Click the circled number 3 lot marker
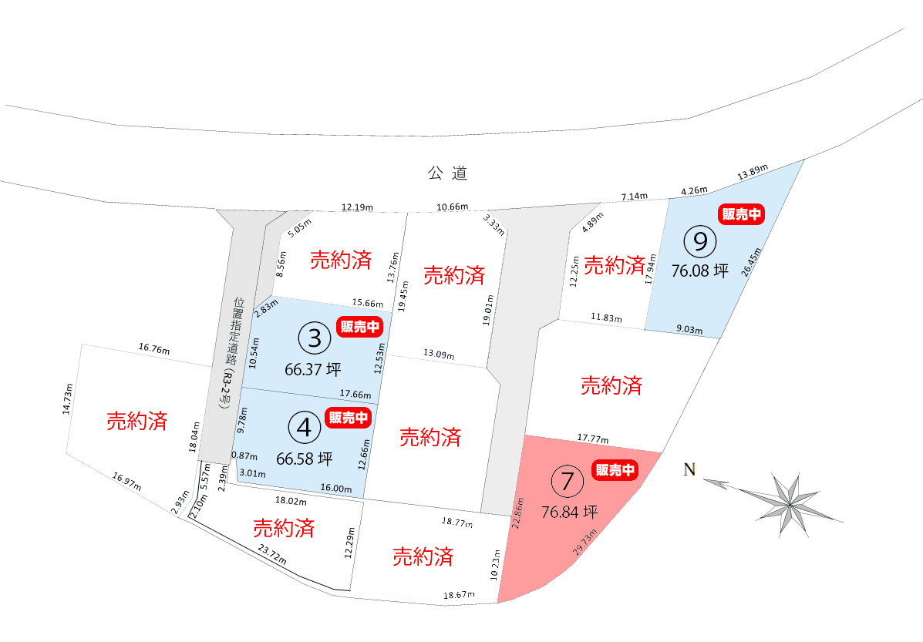coord(314,337)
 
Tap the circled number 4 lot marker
coord(305,426)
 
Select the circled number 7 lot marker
coord(568,482)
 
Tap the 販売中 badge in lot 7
coord(615,470)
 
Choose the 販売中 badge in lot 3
coord(360,327)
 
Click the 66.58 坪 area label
coord(304,459)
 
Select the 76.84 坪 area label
coord(570,512)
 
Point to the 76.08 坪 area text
coord(699,271)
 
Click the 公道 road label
coord(448,173)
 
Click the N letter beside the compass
coord(690,470)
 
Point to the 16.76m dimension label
coord(153,349)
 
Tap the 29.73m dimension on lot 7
coord(585,542)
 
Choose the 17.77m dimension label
coord(591,439)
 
